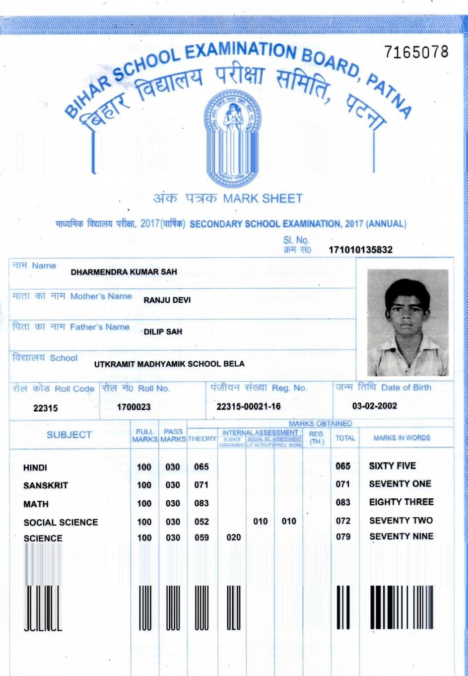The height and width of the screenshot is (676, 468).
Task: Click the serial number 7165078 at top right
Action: (x=416, y=52)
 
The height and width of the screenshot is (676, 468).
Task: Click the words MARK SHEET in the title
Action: (x=263, y=199)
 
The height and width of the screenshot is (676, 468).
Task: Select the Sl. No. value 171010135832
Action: (x=360, y=250)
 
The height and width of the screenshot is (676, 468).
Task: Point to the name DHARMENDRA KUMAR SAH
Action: (x=124, y=272)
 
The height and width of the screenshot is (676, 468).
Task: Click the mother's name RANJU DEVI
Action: (x=167, y=300)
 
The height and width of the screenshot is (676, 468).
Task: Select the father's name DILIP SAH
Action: (x=163, y=332)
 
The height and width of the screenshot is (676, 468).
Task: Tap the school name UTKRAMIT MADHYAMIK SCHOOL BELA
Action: (x=169, y=364)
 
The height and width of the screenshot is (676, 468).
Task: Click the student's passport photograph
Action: (x=407, y=322)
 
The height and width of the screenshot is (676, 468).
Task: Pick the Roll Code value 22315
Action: (x=45, y=408)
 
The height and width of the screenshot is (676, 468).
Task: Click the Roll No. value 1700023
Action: (x=134, y=407)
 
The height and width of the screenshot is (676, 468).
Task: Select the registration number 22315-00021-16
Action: (x=249, y=406)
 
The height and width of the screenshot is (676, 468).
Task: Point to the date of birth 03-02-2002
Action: (x=375, y=406)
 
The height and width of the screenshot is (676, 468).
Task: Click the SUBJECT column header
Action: (x=69, y=435)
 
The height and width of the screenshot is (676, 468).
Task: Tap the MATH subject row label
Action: (x=36, y=504)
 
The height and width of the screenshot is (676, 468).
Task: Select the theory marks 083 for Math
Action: (x=201, y=503)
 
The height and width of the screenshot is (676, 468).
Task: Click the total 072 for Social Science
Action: (x=343, y=521)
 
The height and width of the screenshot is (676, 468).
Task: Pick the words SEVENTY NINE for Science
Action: (x=401, y=537)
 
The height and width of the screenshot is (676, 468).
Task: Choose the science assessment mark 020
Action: (x=233, y=538)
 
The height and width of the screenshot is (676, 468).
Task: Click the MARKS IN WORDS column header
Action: (x=401, y=438)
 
